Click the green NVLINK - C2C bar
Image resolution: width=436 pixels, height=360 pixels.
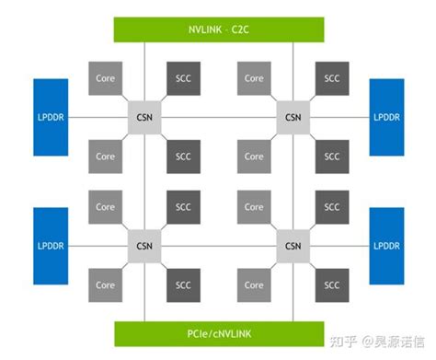coord(218,28)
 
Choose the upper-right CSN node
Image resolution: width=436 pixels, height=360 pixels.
coord(293,117)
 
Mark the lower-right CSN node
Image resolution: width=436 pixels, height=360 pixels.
coord(293,246)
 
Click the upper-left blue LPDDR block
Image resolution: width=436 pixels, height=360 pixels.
coord(51,117)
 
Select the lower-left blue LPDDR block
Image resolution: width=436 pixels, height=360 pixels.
coord(51,246)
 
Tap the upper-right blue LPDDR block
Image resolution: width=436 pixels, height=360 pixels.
coord(387,117)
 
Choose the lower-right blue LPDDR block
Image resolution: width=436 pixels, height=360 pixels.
coord(387,246)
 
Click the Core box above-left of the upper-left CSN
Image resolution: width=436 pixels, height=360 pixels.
coord(105,78)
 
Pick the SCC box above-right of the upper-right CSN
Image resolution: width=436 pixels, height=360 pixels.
coord(331,78)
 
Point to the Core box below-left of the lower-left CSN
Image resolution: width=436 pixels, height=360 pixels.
coord(105,285)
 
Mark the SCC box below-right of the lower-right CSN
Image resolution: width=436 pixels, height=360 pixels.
coord(331,285)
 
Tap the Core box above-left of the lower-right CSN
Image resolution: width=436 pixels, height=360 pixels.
coord(254,207)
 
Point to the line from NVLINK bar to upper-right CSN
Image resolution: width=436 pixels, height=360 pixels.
coord(293,69)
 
